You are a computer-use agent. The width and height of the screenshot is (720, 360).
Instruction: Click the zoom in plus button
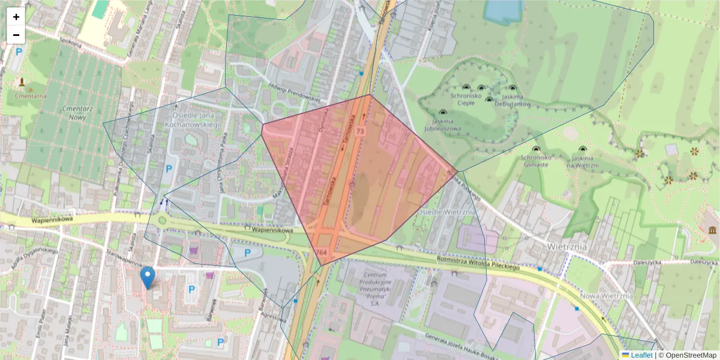click(x=16, y=17)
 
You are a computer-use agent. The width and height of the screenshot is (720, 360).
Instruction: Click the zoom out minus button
click(x=16, y=35)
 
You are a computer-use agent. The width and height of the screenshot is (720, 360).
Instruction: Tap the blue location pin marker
click(x=147, y=278)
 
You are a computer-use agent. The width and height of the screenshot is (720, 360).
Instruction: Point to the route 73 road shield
click(x=360, y=131)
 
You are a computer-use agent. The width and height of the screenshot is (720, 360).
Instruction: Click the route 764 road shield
click(x=322, y=252)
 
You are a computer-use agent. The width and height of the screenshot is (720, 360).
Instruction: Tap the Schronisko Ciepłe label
click(x=467, y=99)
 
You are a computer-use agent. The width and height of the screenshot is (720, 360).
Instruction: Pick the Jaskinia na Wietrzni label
click(x=583, y=161)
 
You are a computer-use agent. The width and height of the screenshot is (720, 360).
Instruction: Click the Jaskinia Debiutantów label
click(x=513, y=100)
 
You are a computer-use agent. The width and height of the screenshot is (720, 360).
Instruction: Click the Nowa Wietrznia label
click(x=607, y=296)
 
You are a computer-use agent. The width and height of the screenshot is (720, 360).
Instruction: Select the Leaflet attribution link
click(x=641, y=355)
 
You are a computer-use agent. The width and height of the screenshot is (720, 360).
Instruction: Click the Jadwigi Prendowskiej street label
click(x=295, y=89)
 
